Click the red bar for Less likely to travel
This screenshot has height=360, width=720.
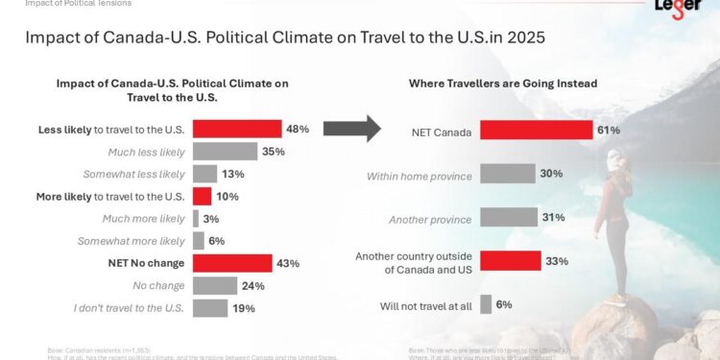pos(236,129)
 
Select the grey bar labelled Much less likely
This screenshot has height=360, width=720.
pos(225,151)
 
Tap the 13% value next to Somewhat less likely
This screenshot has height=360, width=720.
pos(233,174)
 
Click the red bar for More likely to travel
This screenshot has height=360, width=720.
pos(202,196)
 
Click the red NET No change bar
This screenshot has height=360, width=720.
pos(231,263)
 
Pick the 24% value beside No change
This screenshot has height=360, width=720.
pos(252,285)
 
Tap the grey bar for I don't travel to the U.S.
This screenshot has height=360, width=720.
pos(210,307)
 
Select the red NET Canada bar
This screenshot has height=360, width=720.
pos(536,131)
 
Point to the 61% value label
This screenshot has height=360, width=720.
pos(609,131)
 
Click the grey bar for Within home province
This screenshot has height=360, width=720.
pos(507,175)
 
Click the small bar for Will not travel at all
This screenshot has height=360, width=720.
pos(486,304)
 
